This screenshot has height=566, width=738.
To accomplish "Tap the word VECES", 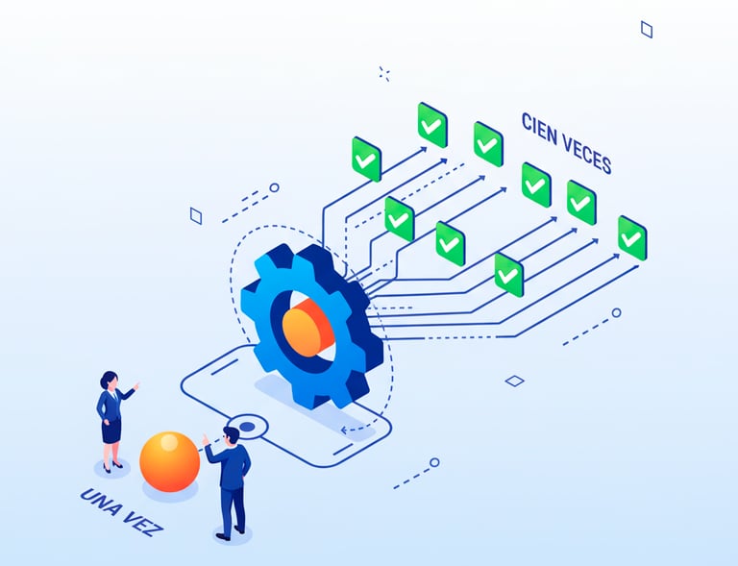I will [x=586, y=155].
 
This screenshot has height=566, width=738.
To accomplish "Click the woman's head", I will [x=109, y=380].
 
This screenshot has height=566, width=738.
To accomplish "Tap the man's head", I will [x=231, y=435].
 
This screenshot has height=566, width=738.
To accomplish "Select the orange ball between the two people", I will [x=169, y=461].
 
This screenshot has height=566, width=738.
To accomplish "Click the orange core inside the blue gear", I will [x=307, y=326].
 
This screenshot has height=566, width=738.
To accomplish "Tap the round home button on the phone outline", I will [x=248, y=425].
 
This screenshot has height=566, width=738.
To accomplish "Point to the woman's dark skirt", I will [x=111, y=431].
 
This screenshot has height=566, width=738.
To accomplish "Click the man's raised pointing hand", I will [x=205, y=441].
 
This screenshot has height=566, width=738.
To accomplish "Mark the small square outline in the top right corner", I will [x=647, y=30].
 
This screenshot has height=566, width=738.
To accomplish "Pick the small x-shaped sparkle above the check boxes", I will [x=384, y=73].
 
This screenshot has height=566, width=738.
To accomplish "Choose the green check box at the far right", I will [x=631, y=237].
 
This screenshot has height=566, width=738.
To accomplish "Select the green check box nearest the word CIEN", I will [x=488, y=144].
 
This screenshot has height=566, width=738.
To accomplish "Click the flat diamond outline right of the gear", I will [x=515, y=381].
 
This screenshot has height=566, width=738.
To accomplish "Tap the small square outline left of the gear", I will [x=196, y=216].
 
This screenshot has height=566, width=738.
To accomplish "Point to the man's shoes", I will [x=231, y=532].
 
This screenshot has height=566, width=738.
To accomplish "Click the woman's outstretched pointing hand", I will [x=136, y=386].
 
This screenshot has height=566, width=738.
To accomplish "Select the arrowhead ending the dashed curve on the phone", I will [x=346, y=429].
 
